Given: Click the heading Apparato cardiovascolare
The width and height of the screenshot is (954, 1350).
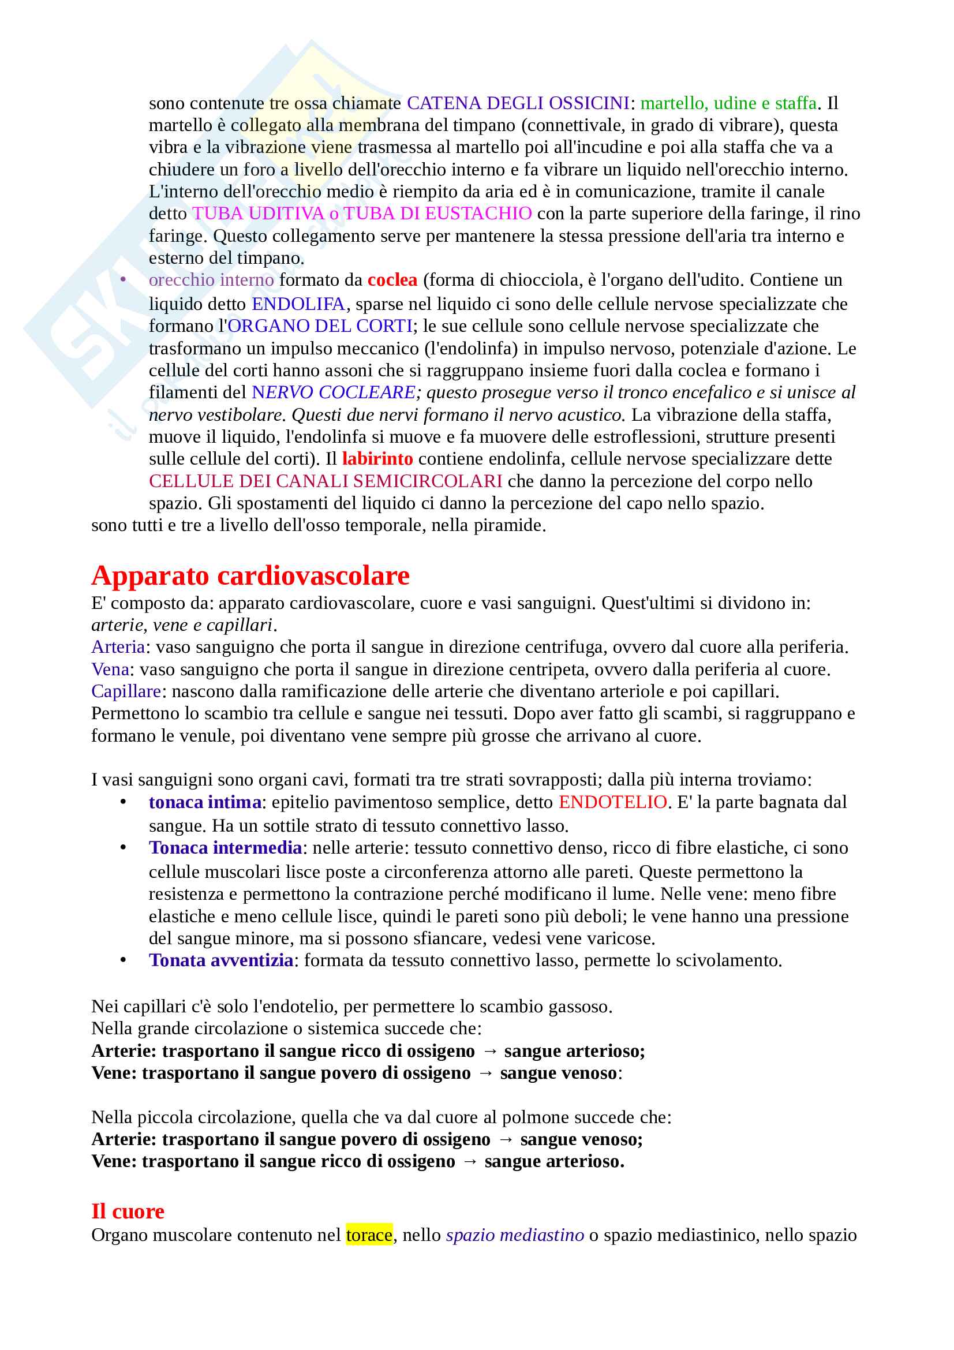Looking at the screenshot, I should [250, 575].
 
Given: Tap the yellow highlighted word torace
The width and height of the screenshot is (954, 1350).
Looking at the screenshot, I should [369, 1235].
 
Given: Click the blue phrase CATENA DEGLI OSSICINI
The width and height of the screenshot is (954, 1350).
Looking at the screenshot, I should [518, 103].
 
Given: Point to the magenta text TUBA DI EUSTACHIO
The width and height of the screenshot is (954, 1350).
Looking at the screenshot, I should [438, 214].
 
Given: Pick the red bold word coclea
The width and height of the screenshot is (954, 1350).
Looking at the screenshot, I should [392, 280].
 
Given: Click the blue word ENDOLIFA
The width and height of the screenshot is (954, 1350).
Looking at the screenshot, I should [298, 304].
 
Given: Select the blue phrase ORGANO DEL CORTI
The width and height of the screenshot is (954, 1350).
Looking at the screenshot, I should [320, 326].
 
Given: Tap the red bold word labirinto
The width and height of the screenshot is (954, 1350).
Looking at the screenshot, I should [377, 459].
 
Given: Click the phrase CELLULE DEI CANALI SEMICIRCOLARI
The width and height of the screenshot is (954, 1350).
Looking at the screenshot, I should [325, 481].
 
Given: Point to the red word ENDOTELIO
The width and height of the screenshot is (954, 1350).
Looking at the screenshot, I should [612, 802].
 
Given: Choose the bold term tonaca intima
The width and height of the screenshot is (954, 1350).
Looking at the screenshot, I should [205, 802].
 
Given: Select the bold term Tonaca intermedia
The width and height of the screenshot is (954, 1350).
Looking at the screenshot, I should [225, 848].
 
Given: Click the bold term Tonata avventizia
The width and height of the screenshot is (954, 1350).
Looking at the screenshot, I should [221, 960].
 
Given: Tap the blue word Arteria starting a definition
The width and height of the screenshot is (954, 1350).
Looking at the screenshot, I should [118, 647].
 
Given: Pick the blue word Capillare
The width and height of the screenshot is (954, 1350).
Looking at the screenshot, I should [126, 691].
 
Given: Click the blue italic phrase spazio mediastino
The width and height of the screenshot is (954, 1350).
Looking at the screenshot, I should [515, 1235].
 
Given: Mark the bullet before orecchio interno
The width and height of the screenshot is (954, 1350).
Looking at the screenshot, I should [123, 280].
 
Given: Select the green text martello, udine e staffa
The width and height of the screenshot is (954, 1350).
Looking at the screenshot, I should [728, 103].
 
